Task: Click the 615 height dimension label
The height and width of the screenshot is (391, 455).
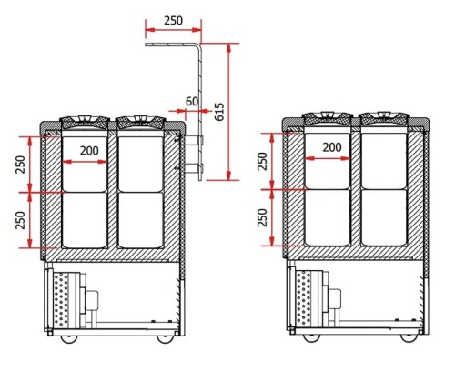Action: (219, 112)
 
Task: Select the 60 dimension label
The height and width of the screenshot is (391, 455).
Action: (192, 102)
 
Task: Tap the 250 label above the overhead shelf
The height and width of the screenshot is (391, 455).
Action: (174, 21)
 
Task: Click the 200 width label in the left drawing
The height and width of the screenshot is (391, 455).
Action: (89, 151)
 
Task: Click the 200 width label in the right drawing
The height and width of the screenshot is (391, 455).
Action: (332, 147)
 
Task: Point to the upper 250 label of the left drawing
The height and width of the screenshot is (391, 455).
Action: (21, 165)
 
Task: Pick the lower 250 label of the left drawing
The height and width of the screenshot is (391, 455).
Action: (21, 220)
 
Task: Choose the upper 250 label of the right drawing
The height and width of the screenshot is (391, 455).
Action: (263, 161)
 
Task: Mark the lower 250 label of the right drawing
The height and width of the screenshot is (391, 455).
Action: (263, 217)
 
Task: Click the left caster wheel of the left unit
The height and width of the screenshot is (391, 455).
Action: (69, 339)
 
